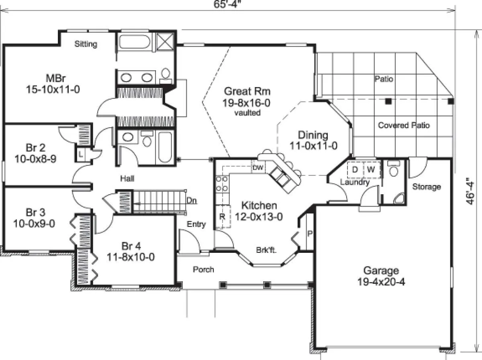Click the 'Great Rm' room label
[247, 91]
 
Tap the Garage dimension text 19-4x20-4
[381, 282]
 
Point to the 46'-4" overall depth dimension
[470, 191]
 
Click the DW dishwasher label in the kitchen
[258, 168]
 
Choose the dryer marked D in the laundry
[355, 169]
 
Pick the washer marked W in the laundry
[371, 169]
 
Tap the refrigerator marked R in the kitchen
[222, 217]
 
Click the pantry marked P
[310, 234]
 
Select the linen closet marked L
[81, 155]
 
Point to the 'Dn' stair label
[192, 201]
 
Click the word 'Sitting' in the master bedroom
[86, 44]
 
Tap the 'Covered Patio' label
[404, 125]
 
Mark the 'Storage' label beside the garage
[427, 187]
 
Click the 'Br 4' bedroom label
[131, 246]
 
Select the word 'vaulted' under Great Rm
[247, 113]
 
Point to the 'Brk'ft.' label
[266, 250]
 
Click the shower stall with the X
[165, 42]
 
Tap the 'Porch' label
[203, 269]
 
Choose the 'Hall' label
[127, 178]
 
